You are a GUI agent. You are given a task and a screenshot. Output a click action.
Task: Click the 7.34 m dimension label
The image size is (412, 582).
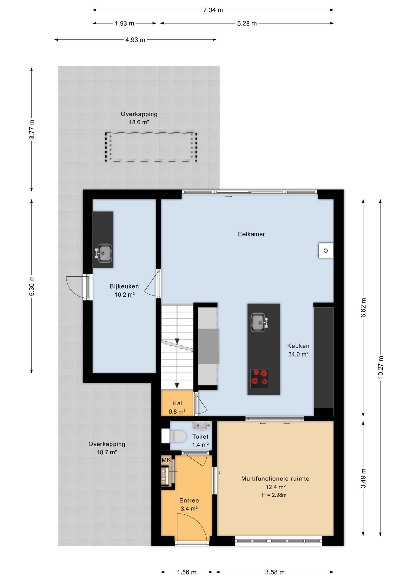(213, 10)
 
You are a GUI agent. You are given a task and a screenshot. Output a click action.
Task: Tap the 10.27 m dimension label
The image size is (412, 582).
(380, 367)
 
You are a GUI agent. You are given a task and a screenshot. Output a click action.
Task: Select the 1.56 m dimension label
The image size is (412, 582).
(187, 572)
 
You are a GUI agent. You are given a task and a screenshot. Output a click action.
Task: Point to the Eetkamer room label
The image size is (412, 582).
(251, 234)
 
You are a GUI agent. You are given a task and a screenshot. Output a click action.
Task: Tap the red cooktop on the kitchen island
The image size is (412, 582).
(259, 378)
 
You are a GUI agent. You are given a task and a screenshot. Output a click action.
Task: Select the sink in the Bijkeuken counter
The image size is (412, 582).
(103, 253)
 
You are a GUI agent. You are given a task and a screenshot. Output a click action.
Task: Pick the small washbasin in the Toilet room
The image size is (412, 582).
(201, 425)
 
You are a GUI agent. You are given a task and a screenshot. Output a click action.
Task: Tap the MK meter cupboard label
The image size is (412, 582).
(166, 460)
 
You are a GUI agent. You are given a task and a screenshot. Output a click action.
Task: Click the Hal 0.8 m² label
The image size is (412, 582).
(177, 407)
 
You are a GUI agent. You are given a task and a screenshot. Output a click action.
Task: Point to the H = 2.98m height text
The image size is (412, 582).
(274, 495)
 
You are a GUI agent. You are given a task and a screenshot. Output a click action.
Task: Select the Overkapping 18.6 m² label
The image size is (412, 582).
(139, 118)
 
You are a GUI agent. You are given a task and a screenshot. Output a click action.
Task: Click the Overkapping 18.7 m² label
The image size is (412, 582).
(107, 448)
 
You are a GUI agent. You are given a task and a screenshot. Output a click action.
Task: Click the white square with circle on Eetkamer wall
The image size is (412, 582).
(326, 251)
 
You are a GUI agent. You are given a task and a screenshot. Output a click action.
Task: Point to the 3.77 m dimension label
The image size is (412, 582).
(32, 129)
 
